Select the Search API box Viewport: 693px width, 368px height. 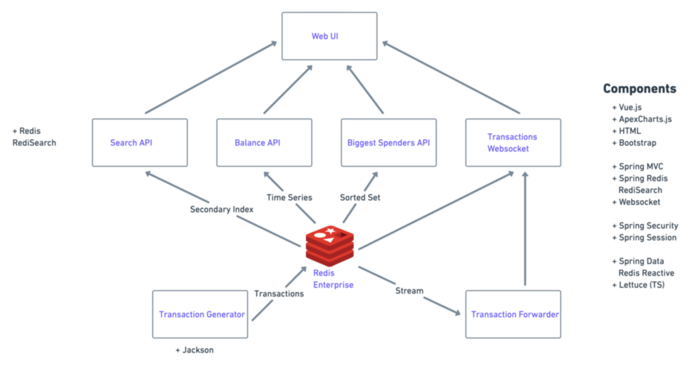pos(139,142)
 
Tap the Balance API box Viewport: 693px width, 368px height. pos(264,142)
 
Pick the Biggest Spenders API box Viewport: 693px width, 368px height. pos(389,142)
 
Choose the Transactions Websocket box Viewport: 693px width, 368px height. pos(513,142)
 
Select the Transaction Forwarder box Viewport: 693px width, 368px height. pos(513,314)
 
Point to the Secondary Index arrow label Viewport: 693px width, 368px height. pos(221,210)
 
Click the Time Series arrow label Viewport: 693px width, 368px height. pos(289,198)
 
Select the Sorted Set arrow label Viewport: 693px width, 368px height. pos(360,198)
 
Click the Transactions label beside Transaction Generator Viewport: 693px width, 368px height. pos(279,294)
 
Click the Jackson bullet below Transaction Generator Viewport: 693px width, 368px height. pos(196,350)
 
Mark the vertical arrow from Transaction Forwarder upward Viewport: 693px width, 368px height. pos(525,230)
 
